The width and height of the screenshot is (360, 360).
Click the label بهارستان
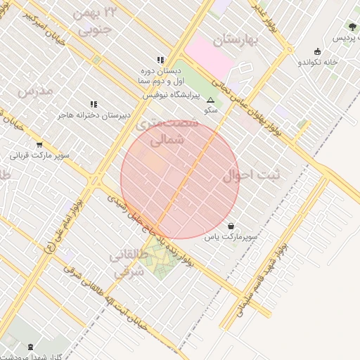click(x=237, y=39)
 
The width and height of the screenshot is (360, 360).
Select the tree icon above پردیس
click(x=352, y=27)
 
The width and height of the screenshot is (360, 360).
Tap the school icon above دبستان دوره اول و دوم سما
click(x=160, y=60)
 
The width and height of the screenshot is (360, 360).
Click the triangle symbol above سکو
click(x=210, y=101)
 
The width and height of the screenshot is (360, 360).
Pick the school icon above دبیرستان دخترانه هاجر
click(x=94, y=104)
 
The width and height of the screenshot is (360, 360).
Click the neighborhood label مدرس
click(x=34, y=90)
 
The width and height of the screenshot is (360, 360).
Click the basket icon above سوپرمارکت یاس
click(x=231, y=226)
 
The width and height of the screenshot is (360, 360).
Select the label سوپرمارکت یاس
click(x=231, y=238)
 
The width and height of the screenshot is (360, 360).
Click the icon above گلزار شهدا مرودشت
click(x=30, y=347)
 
